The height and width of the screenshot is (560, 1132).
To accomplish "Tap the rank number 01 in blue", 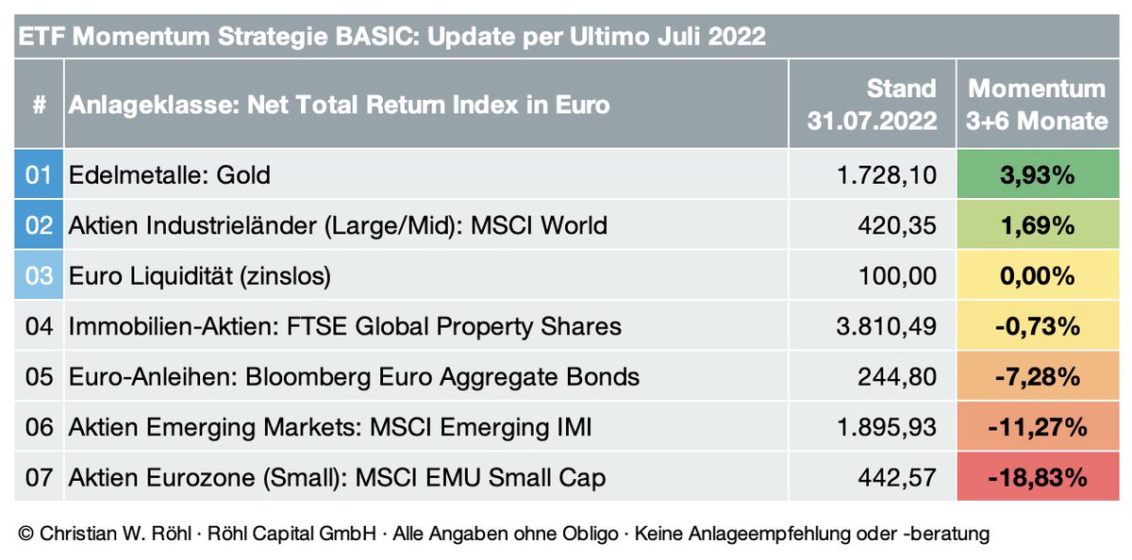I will pos(39,174).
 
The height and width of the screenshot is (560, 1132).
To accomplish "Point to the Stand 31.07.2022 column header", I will pos(872,104).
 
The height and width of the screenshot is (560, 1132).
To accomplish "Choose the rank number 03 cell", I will pos(39,276).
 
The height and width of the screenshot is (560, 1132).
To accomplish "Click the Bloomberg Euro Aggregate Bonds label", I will pos(354,377).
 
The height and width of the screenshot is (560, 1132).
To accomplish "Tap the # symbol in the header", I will pos(39,104).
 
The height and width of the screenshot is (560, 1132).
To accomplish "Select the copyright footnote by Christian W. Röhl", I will pos(504,535).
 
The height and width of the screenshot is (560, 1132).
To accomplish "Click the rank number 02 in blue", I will pos(39,225).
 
